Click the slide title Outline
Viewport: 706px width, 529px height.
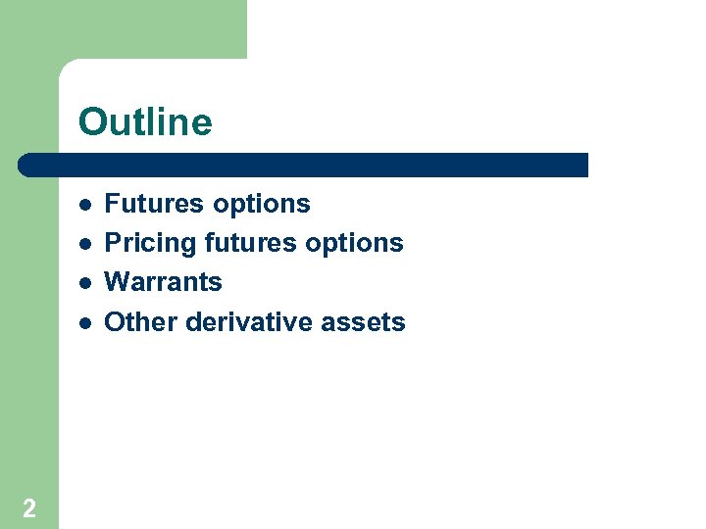[145, 122]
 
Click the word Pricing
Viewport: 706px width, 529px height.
[152, 244]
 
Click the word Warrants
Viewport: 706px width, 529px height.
[163, 282]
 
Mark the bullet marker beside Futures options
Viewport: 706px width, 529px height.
[85, 205]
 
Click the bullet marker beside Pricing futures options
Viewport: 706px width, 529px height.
[85, 244]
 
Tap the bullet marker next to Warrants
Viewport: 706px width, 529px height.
[85, 283]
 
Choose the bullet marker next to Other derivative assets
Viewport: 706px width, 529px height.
[85, 322]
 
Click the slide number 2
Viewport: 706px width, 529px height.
[29, 507]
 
